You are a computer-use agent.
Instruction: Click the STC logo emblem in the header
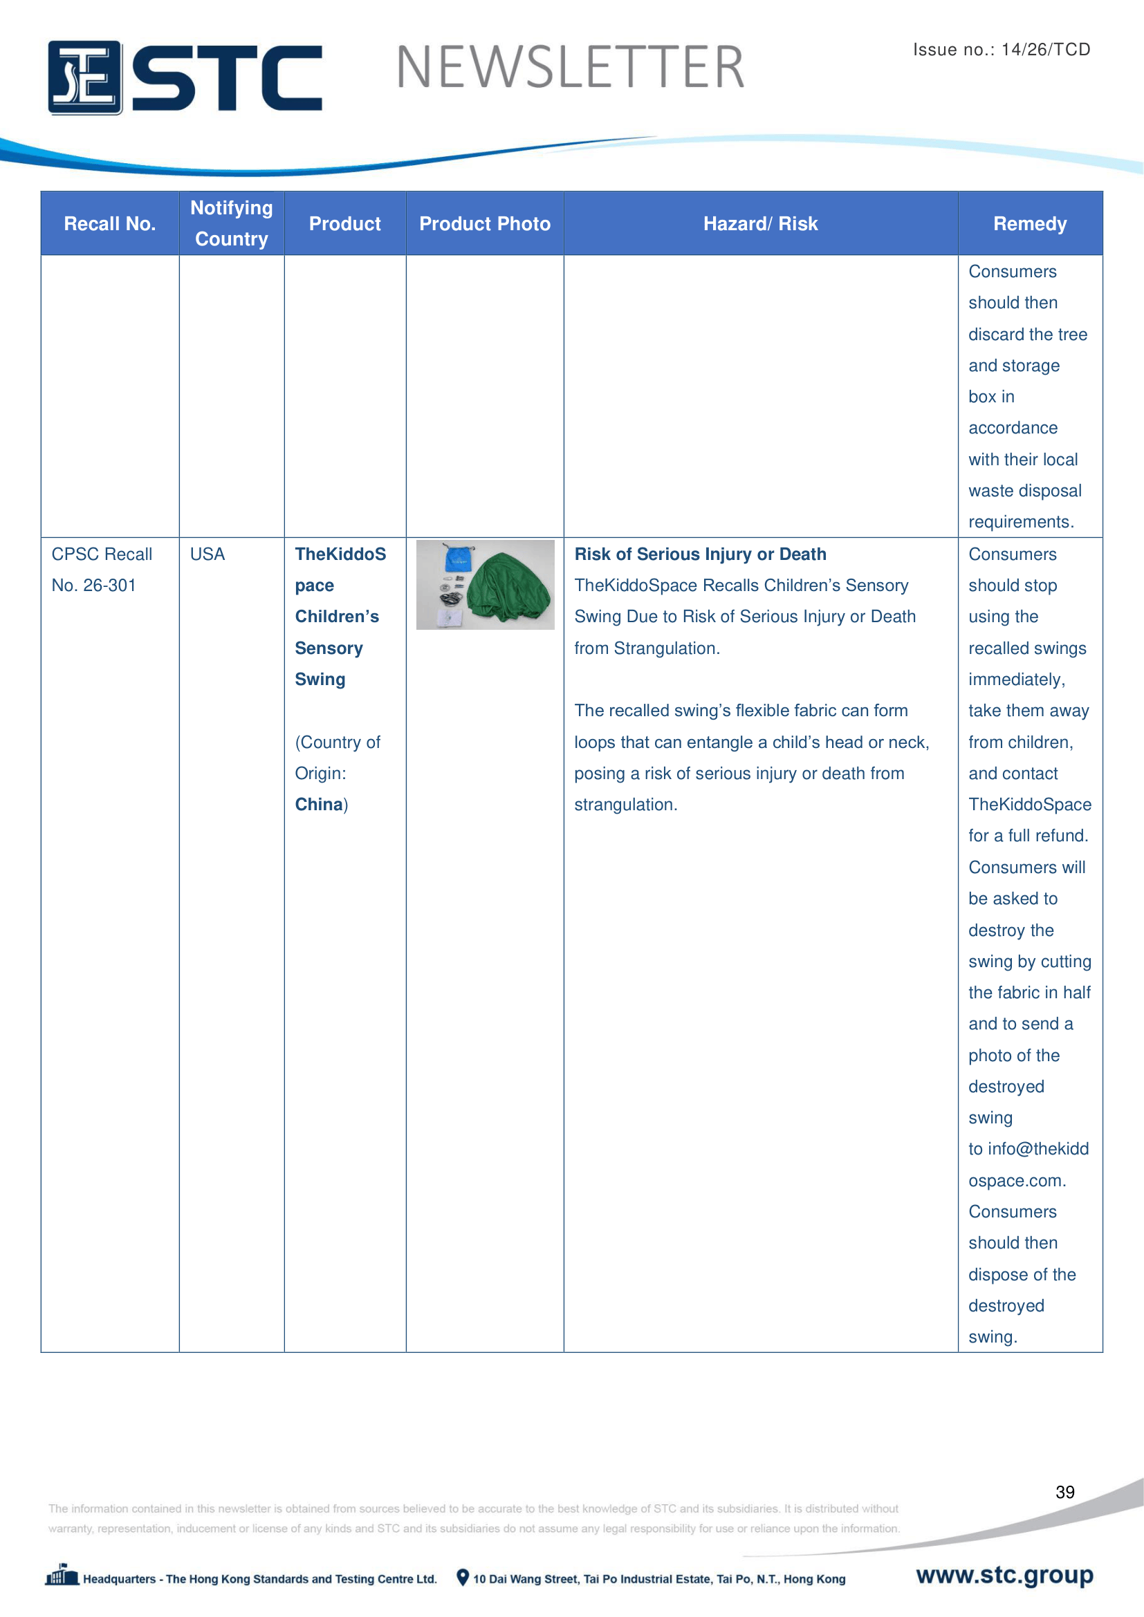point(84,77)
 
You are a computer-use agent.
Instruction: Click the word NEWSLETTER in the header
point(570,68)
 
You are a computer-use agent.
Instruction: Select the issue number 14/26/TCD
point(1045,49)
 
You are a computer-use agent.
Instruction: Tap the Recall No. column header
point(110,224)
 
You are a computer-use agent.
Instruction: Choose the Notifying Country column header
point(232,223)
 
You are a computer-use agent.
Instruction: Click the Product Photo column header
point(485,224)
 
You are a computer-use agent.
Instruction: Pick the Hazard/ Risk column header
point(760,224)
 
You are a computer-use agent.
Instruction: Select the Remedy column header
point(1029,224)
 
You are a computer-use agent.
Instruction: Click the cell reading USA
point(207,554)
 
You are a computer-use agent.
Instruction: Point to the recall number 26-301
point(109,586)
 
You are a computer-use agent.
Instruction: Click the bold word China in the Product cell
point(318,804)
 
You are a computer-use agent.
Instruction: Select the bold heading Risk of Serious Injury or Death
point(700,554)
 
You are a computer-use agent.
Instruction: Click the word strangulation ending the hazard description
point(624,804)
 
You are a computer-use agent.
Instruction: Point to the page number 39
point(1064,1492)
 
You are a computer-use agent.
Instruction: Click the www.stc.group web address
point(1004,1575)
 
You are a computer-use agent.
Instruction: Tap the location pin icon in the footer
point(463,1578)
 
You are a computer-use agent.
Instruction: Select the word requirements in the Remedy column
point(1020,522)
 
